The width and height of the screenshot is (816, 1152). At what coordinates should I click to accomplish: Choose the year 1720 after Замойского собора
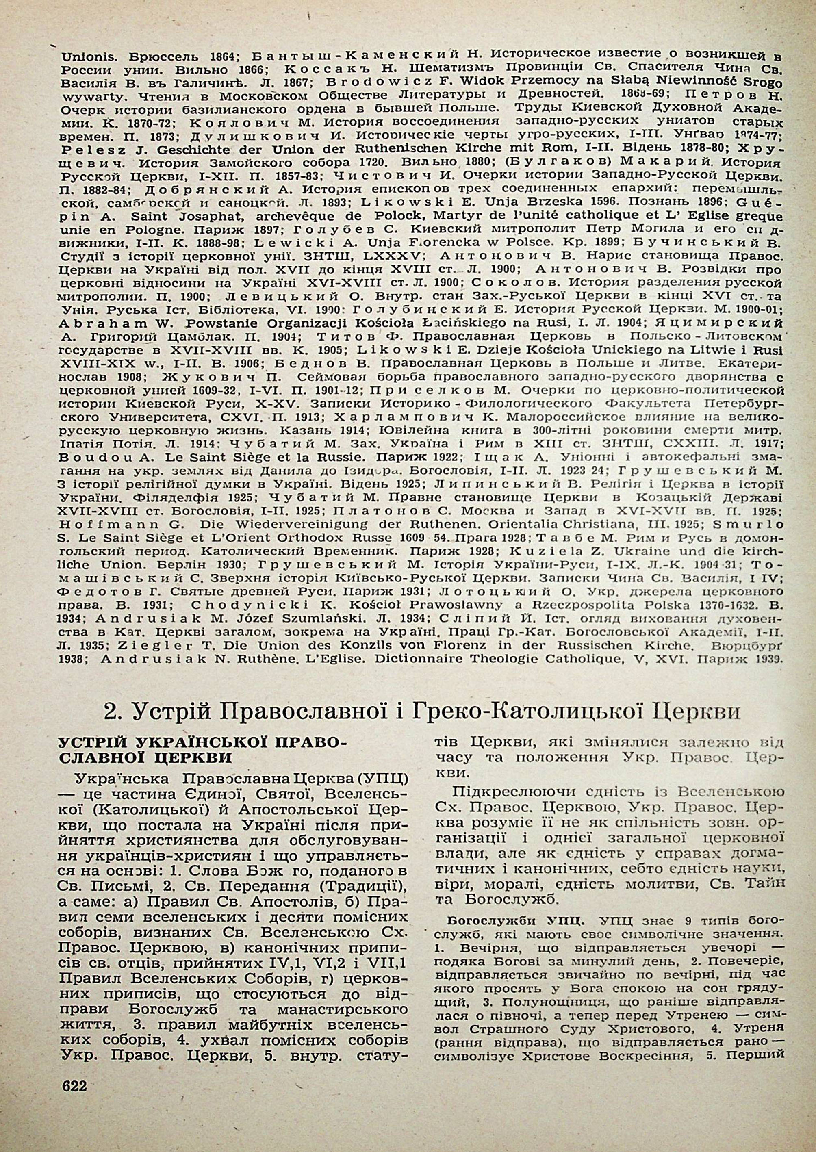(374, 163)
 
